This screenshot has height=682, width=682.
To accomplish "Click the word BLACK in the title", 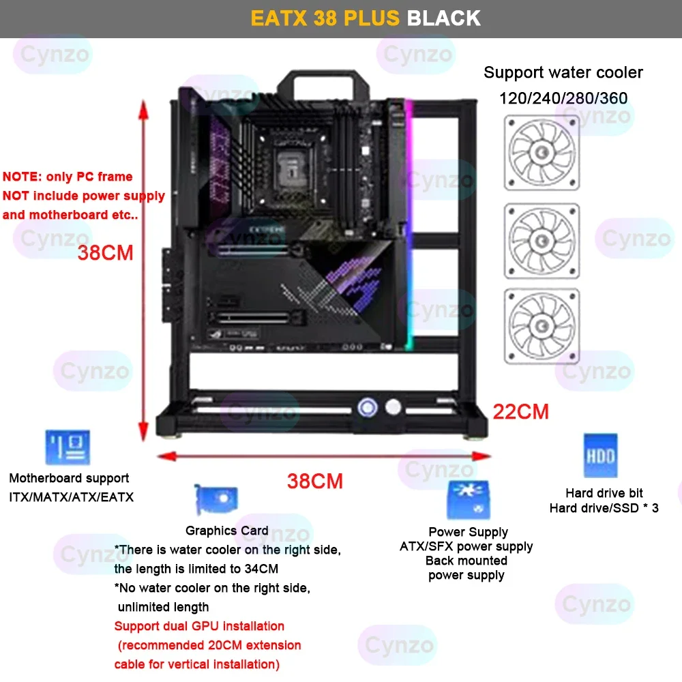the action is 444,18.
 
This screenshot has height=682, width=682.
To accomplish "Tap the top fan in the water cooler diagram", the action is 542,153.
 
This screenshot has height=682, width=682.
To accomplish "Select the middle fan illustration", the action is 542,241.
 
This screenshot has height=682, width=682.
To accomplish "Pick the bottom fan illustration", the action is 542,326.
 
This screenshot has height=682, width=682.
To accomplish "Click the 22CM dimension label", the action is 520,411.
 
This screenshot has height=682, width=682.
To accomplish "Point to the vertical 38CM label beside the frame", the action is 105,253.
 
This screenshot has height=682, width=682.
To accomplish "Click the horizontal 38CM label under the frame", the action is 315,481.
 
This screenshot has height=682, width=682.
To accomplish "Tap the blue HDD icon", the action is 600,456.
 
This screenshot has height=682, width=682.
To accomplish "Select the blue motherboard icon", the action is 68,447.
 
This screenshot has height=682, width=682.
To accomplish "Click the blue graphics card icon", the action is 216,499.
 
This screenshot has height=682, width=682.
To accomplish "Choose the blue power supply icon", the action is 468,500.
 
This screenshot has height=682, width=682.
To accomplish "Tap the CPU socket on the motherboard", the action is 291,168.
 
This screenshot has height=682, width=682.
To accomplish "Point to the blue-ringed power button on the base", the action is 368,408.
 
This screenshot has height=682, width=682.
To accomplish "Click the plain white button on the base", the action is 394,407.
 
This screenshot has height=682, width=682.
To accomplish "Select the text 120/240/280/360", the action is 563,98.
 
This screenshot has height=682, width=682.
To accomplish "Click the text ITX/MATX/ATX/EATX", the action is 72,496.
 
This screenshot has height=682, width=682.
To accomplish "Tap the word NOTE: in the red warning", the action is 23,177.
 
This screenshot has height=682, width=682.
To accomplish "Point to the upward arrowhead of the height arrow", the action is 143,108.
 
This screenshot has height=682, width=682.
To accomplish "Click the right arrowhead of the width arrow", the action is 481,456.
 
